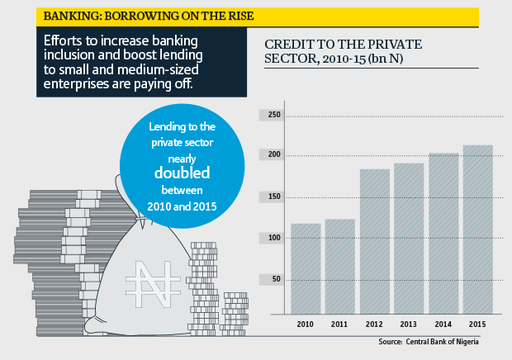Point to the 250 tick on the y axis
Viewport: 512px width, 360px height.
274,116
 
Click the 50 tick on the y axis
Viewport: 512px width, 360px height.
277,280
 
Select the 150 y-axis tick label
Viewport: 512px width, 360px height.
274,197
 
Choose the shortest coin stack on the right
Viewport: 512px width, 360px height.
236,314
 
